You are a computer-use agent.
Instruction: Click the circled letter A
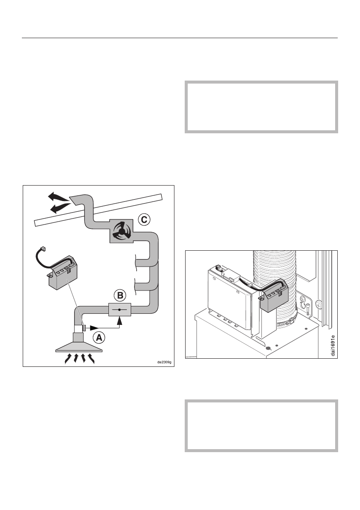99,337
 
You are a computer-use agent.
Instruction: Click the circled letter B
120,295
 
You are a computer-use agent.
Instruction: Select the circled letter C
144,220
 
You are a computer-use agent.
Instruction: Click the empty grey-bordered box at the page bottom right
261,426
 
